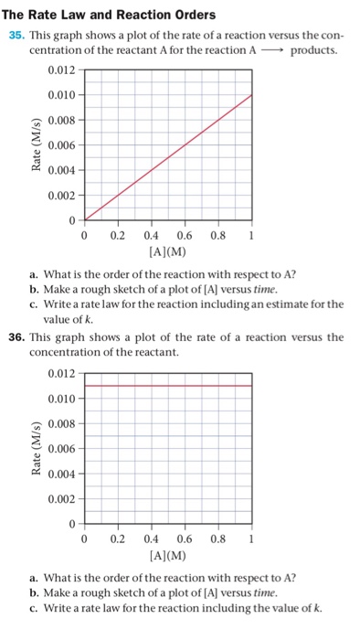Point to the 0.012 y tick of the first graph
tap(58, 69)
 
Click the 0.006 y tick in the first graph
tap(58, 144)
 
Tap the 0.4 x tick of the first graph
tap(151, 235)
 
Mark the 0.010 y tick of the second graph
tap(58, 399)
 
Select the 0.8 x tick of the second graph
tap(217, 539)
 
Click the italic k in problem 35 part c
tap(91, 319)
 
